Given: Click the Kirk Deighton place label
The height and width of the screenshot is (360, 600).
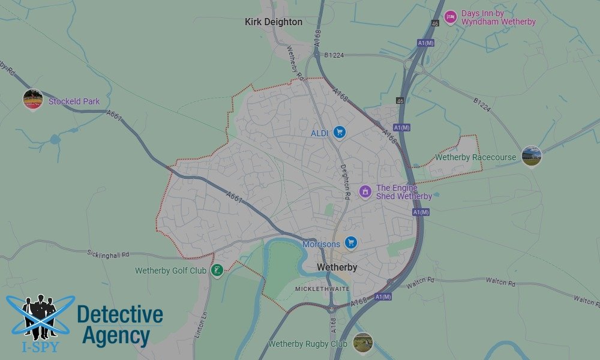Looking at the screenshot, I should [274, 22].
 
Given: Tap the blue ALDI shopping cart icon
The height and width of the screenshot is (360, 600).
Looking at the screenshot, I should [340, 132].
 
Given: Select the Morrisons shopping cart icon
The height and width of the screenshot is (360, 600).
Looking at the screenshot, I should [352, 243].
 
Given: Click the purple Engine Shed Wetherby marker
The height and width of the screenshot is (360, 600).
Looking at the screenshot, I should [365, 191].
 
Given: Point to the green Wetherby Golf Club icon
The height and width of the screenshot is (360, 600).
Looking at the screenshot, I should [217, 271].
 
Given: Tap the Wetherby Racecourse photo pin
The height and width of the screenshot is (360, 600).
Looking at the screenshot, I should [532, 156].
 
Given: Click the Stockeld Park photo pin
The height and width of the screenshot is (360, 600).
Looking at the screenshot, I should [33, 100].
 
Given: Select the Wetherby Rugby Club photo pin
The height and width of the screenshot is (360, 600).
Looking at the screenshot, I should [362, 343].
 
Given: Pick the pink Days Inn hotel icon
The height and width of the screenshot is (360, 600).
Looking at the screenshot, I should [451, 17].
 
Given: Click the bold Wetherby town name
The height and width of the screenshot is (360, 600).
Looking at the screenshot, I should [337, 267].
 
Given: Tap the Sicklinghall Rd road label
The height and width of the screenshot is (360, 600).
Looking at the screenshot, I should [108, 254].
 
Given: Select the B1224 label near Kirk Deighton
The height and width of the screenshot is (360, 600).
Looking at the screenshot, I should [334, 55].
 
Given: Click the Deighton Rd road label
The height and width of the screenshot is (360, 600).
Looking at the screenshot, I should [346, 182].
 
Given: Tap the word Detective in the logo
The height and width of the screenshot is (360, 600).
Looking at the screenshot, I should [120, 314].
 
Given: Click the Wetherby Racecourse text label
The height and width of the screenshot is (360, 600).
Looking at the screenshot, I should [475, 157].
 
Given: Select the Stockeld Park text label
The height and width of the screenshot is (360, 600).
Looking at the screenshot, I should [74, 101].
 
